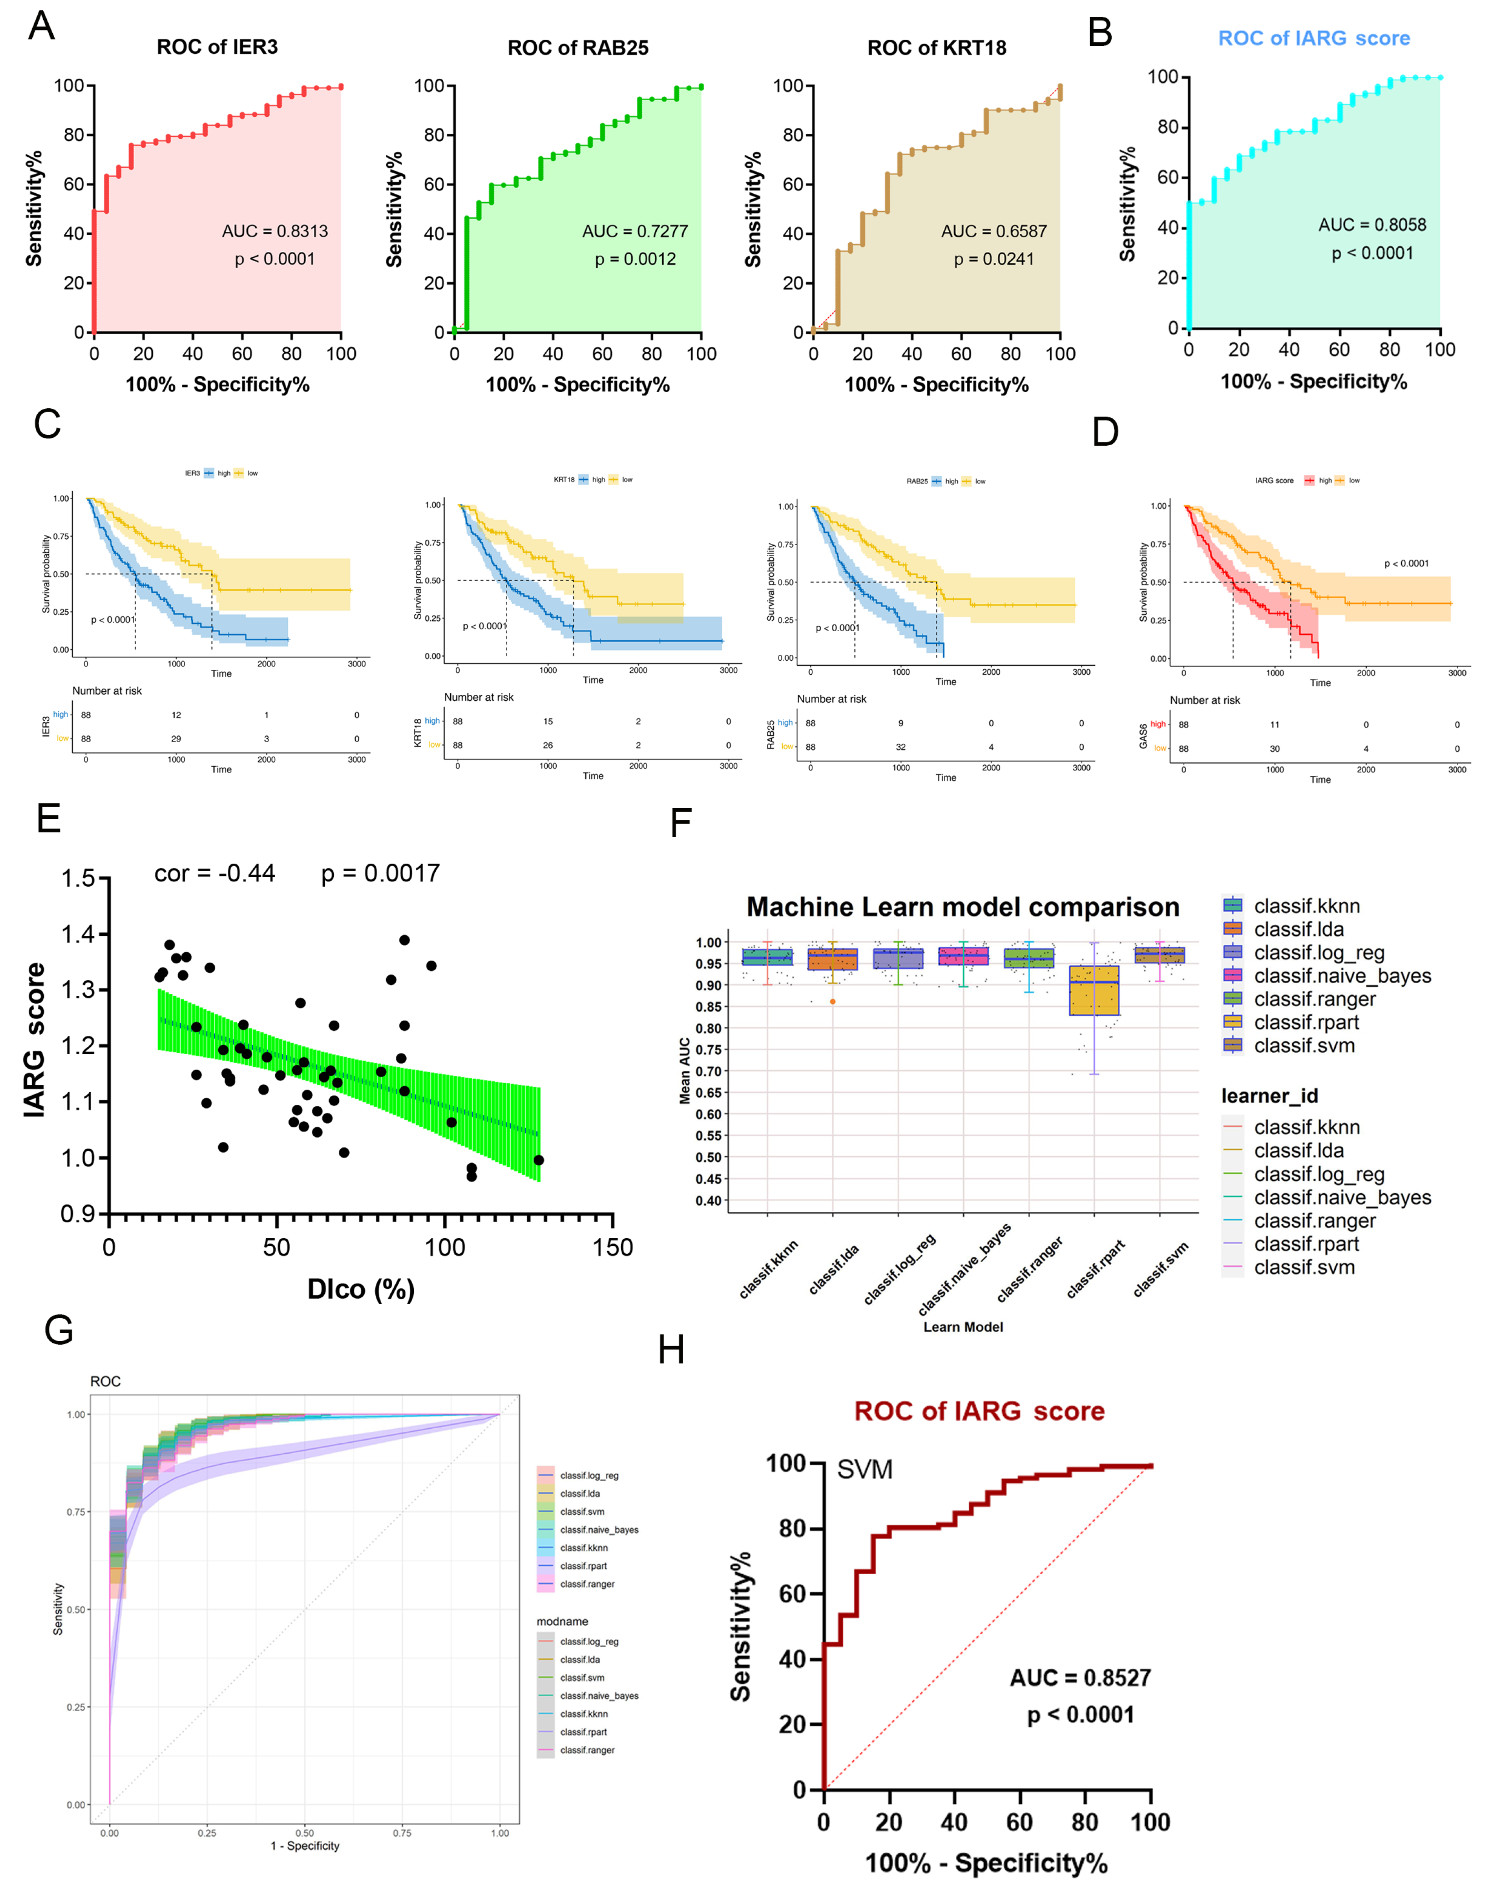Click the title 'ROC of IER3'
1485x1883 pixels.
[217, 47]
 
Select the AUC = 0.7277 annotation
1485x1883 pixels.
[634, 231]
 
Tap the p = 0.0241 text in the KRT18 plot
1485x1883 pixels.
[994, 259]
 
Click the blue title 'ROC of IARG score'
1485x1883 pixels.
[1313, 38]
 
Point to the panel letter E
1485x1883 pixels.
[49, 818]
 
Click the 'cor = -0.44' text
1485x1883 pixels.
[215, 874]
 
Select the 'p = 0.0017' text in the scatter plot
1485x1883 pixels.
[381, 874]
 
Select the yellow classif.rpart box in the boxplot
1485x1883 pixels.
[1094, 990]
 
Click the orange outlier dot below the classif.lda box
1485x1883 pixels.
[833, 1001]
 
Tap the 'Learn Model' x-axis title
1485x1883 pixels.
[962, 1326]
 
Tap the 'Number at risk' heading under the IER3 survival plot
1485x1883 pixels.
[107, 691]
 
